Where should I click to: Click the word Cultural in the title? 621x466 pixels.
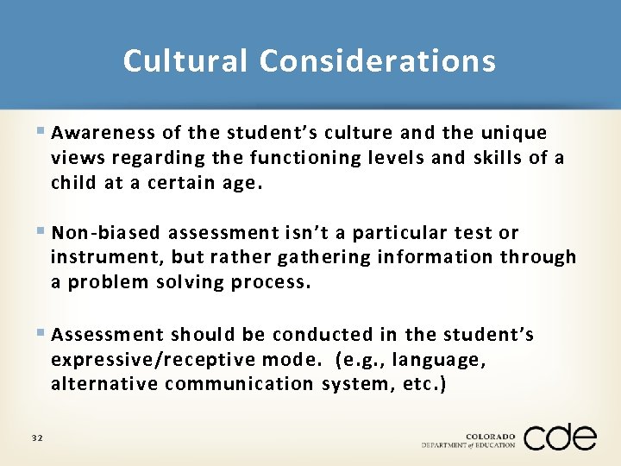tap(186, 61)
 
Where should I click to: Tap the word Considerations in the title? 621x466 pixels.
tap(378, 61)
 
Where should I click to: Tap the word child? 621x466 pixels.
tap(73, 183)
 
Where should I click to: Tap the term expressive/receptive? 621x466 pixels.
tap(163, 359)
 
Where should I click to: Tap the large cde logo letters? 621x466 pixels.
tap(560, 437)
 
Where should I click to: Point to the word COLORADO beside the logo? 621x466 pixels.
tap(490, 434)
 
